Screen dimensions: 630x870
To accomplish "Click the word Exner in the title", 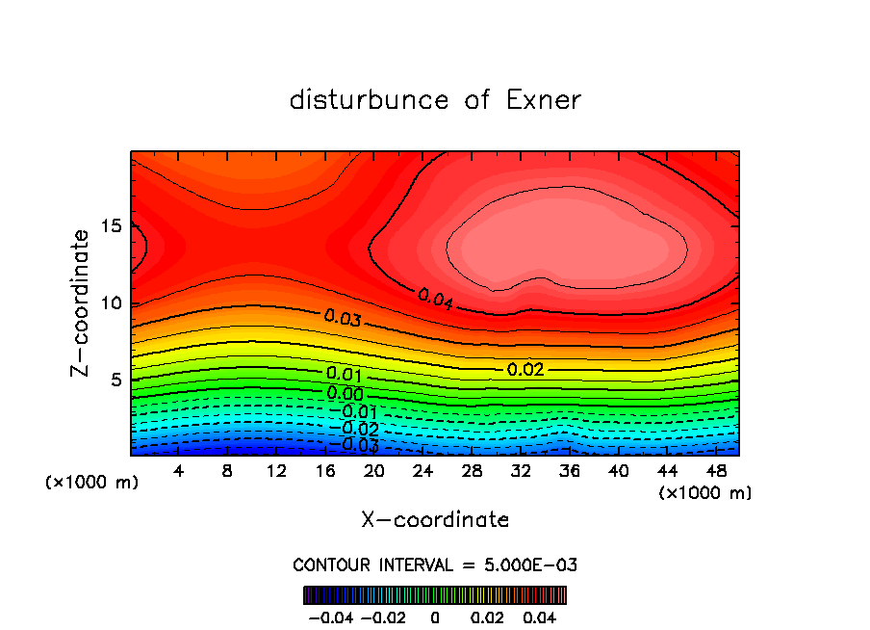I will coord(543,100).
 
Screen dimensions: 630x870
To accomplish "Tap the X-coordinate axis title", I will coord(435,520).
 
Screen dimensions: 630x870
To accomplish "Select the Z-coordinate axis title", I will coord(85,302).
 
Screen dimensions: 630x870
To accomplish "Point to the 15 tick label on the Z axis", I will coord(111,226).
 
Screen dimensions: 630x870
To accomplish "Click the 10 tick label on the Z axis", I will coord(111,303).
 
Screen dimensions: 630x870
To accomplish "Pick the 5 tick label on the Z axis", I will coord(116,380).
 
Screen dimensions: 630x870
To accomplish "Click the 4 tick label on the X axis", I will coord(179,471).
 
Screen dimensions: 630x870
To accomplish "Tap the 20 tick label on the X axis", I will coord(374,471).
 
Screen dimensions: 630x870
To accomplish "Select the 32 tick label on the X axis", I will coord(521,471).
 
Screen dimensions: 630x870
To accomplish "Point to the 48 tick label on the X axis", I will coord(716,471).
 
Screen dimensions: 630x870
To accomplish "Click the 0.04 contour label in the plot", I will coord(435,298).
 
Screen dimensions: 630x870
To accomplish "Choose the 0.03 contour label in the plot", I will coord(343,317).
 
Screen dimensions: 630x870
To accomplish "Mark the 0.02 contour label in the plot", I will coord(525,369).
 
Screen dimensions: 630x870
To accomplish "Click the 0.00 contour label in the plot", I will coord(345,393).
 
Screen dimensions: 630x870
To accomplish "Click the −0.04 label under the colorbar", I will coord(330,616).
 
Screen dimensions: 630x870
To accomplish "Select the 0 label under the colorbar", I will coord(435,616).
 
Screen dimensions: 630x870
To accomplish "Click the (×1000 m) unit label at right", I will coord(704,493).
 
